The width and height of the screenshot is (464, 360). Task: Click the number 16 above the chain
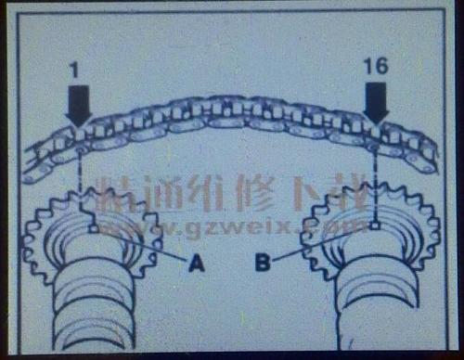374,69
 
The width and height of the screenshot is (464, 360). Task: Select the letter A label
195,264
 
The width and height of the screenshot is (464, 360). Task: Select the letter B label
264,264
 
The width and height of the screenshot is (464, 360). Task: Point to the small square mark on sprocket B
372,224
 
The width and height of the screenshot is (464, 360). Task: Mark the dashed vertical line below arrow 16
374,181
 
